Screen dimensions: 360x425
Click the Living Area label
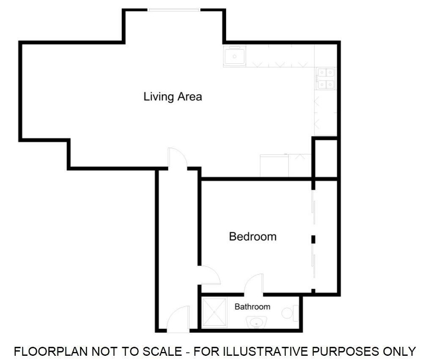click(x=172, y=97)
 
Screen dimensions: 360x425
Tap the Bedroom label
click(x=253, y=237)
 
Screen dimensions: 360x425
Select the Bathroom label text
click(x=253, y=307)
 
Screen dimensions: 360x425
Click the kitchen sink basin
click(x=234, y=56)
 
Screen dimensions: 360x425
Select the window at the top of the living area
click(x=173, y=10)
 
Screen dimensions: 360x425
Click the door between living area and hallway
click(x=176, y=159)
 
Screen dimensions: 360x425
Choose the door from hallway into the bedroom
click(x=209, y=277)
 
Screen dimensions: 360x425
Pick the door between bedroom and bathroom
click(x=254, y=284)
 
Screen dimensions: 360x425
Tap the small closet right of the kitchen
click(x=325, y=157)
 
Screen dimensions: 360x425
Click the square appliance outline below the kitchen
click(x=274, y=166)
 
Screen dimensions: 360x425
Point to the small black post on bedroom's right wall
click(x=313, y=240)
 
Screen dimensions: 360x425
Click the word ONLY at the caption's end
click(x=400, y=351)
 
